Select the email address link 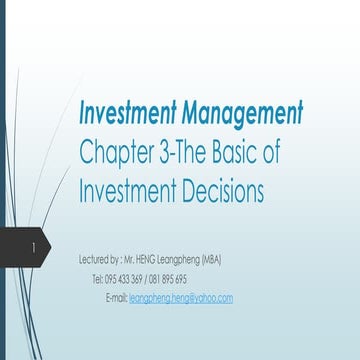click(x=181, y=298)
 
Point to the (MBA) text click(x=210, y=260)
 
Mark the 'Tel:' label click(x=97, y=279)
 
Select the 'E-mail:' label click(x=115, y=298)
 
